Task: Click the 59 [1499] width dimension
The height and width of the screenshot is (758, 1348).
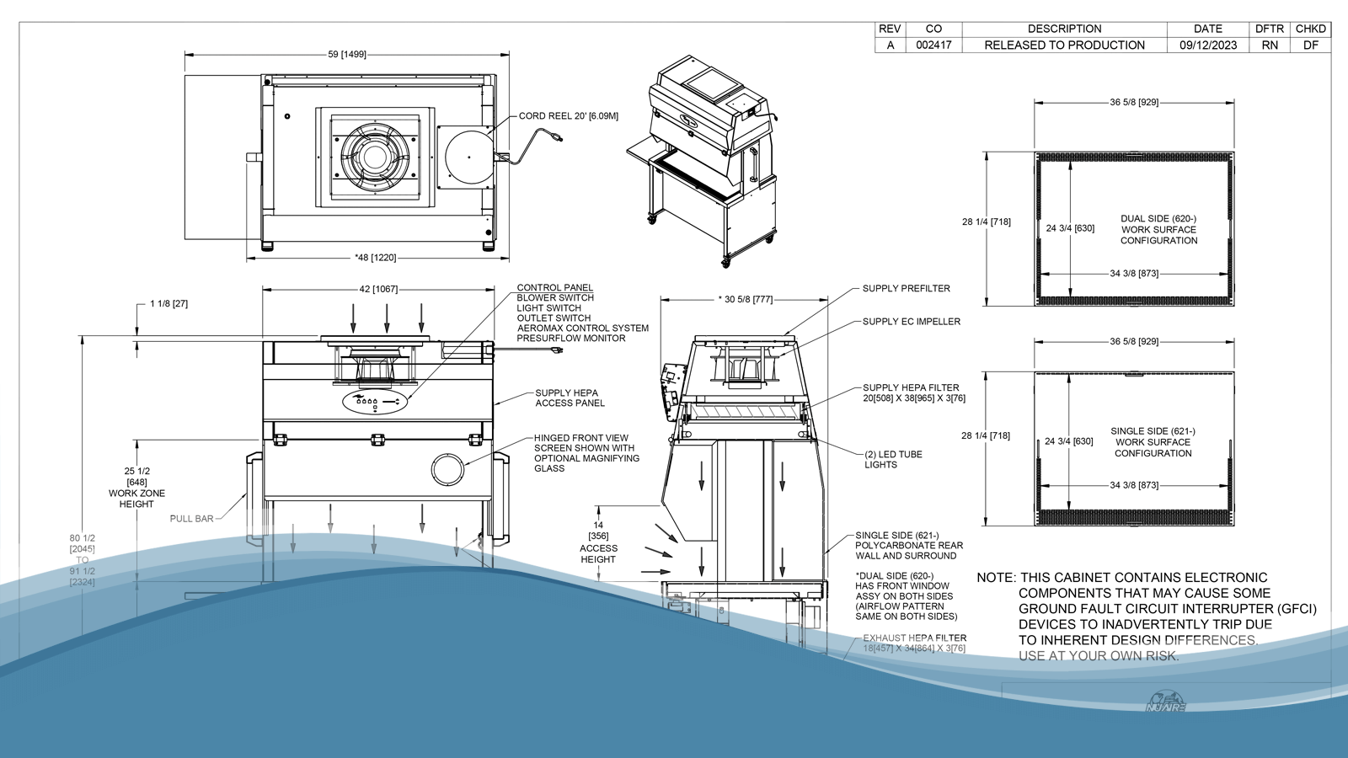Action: point(347,55)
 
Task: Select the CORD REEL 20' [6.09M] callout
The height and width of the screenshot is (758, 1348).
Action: point(568,116)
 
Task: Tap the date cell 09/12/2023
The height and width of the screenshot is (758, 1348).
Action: point(1207,45)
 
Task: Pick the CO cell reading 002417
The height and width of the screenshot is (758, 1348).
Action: point(933,45)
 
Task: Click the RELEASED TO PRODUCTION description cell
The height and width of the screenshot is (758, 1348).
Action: point(1064,45)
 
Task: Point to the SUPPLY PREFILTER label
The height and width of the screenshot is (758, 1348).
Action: point(906,289)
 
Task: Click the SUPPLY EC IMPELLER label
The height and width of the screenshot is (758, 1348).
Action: point(911,322)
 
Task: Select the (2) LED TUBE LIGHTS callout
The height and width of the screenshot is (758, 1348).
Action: point(892,459)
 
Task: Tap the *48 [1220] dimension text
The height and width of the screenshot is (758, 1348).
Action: point(376,258)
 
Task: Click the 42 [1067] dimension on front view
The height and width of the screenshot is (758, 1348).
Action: point(378,289)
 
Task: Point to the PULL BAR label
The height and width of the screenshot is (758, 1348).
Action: point(191,519)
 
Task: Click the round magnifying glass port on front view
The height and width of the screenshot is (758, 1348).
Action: point(447,470)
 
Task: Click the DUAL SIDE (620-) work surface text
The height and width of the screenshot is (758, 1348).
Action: point(1158,229)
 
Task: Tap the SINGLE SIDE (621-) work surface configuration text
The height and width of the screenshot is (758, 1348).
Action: point(1153,442)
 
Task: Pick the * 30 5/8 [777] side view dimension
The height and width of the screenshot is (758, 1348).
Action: point(745,299)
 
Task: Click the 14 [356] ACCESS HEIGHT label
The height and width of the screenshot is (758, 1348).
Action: point(598,542)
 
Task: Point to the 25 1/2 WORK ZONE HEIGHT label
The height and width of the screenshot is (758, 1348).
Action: point(136,488)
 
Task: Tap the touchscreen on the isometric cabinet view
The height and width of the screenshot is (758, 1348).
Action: point(708,82)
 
